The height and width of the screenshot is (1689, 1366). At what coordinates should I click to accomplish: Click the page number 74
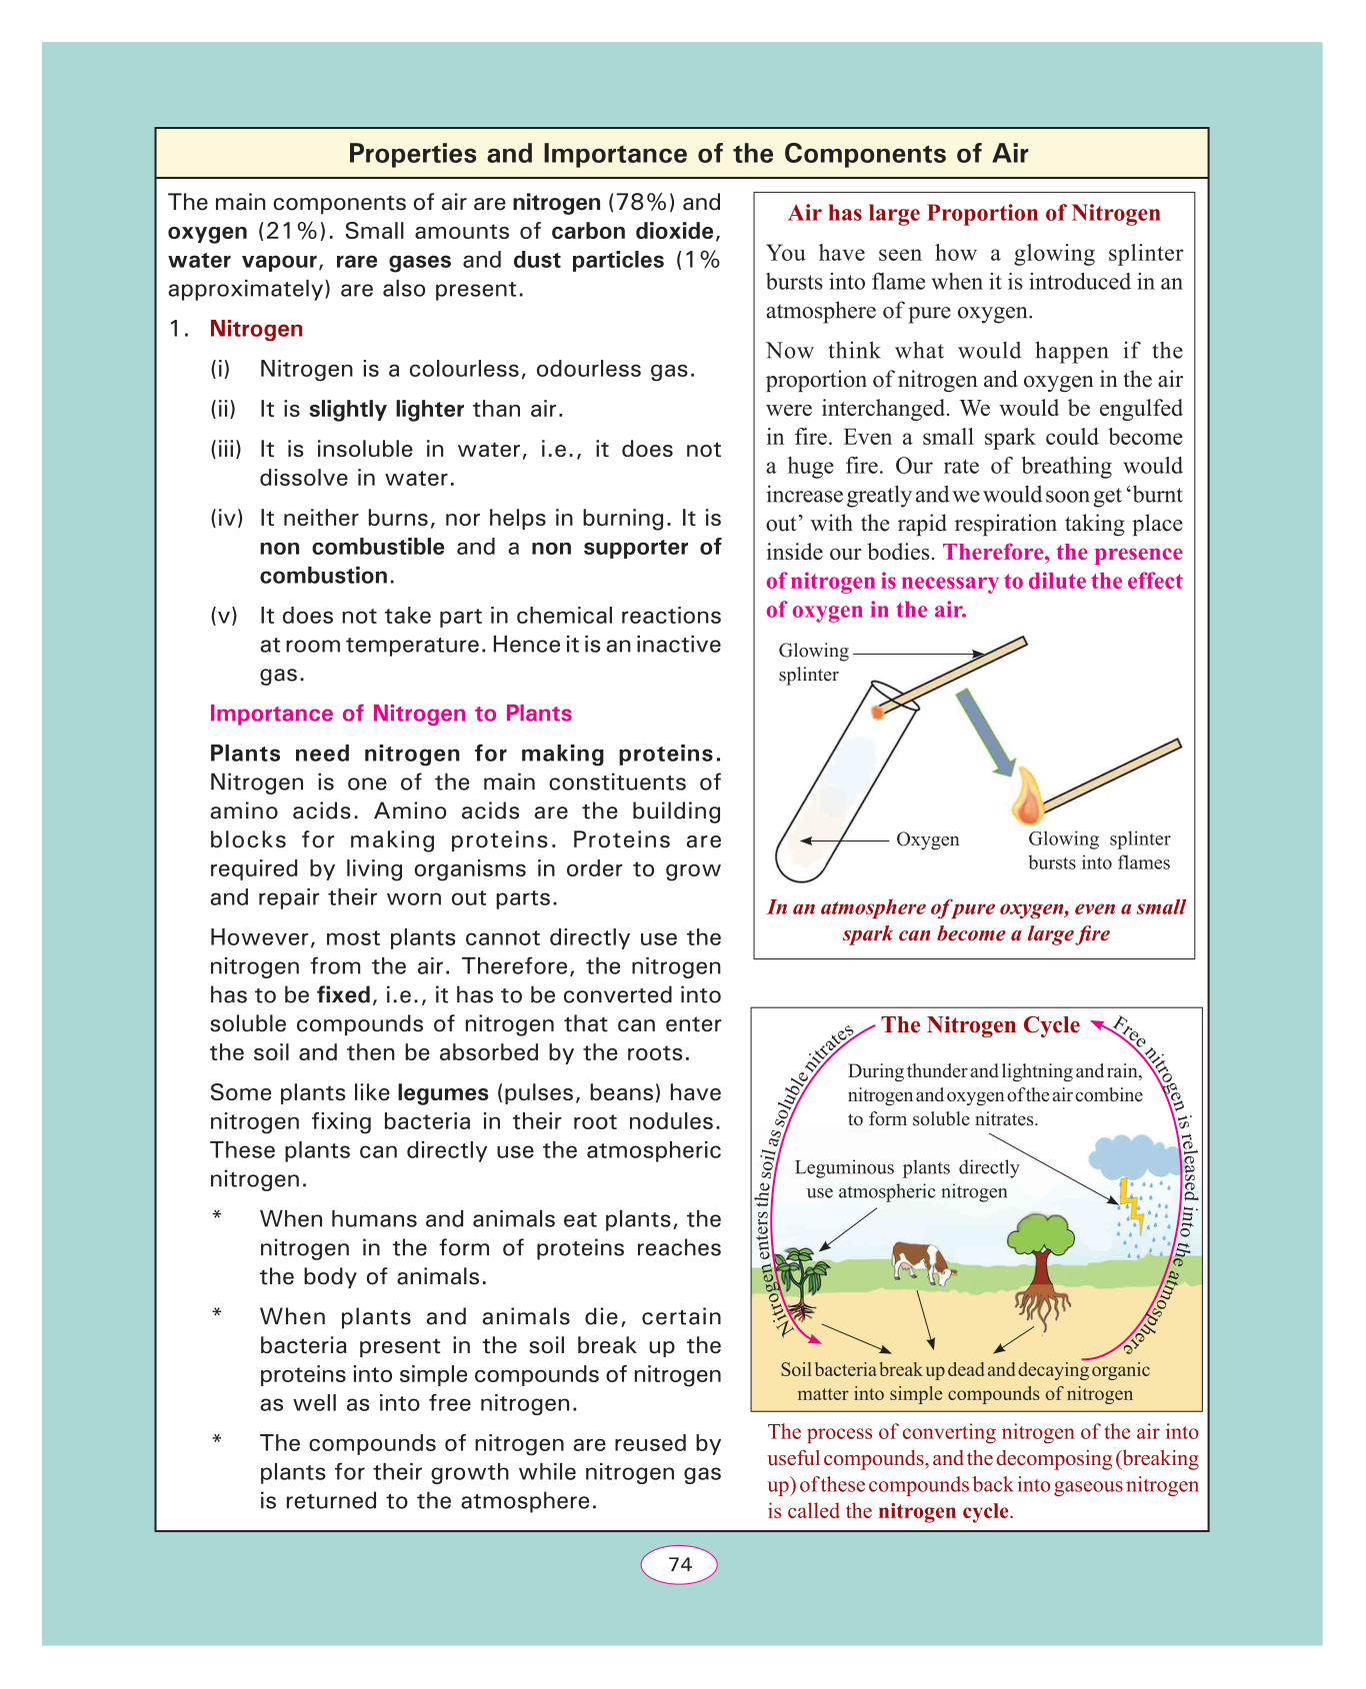tap(679, 1564)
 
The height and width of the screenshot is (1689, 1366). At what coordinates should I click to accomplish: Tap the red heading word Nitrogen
tap(256, 329)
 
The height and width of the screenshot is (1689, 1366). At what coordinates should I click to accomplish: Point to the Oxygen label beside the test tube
tap(927, 840)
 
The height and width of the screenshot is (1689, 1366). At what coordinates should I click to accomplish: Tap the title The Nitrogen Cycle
tap(980, 1025)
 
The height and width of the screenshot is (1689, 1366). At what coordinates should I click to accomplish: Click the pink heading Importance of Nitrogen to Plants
tap(391, 714)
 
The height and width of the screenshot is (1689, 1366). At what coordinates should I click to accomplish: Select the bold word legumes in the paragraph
tap(443, 1092)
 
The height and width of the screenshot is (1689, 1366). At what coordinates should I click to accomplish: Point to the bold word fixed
tap(343, 995)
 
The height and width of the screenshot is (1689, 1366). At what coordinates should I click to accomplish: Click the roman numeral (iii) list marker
tap(226, 450)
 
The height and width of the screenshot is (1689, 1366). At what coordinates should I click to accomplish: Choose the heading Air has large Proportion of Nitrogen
tap(974, 213)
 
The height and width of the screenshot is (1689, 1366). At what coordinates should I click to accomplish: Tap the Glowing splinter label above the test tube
tap(813, 662)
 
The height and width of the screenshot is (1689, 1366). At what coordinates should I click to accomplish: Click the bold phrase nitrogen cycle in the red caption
tap(944, 1511)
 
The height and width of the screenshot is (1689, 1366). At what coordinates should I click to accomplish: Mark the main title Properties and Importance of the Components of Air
tap(688, 154)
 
